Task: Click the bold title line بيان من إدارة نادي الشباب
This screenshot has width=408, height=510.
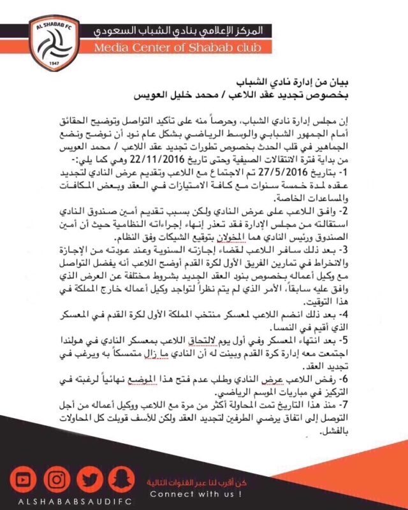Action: (x=339, y=84)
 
